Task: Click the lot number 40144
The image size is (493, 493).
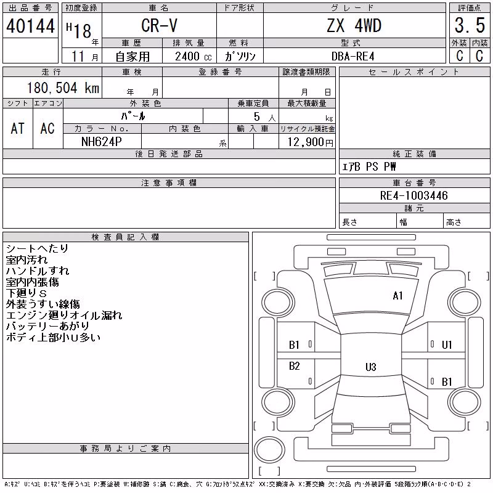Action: point(30,26)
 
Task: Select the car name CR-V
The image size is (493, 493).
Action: point(159,25)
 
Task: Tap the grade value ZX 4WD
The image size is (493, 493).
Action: point(354,25)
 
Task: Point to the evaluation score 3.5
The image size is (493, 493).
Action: point(470,25)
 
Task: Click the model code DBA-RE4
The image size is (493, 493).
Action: point(353,56)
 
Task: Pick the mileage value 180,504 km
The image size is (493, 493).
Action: point(63,88)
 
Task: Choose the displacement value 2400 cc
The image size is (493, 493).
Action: point(194,56)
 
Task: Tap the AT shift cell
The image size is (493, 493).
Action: point(17,128)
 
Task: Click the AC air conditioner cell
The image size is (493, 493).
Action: point(47,128)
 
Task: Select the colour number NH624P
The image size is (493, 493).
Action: point(101,142)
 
